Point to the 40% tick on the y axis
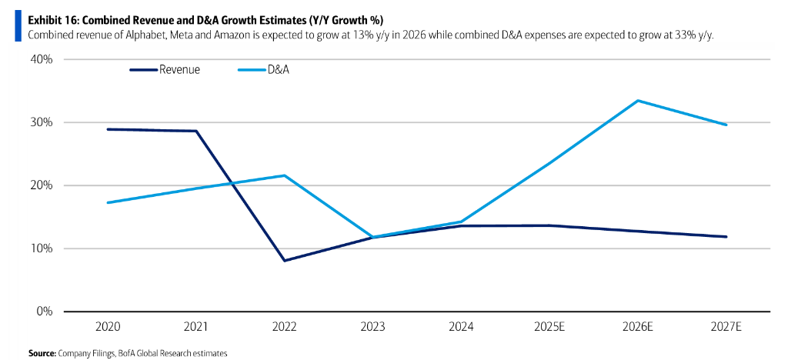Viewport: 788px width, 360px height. coord(42,59)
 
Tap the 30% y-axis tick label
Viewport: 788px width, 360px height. coord(42,122)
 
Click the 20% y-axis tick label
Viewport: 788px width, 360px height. coord(42,185)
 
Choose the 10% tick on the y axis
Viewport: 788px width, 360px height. coord(42,248)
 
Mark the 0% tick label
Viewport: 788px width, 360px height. coord(45,312)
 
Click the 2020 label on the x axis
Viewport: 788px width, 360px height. coord(109,326)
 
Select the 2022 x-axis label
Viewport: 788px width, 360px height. coord(285,326)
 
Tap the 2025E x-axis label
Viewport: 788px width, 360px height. coord(549,326)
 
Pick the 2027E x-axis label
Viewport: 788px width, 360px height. coord(726,326)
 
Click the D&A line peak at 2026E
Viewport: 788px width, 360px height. coord(638,101)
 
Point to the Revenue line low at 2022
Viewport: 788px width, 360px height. coord(285,261)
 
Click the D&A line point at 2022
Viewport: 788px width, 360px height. coord(285,175)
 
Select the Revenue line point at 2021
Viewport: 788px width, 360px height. coord(197,131)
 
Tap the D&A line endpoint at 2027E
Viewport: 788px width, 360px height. coord(726,125)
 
